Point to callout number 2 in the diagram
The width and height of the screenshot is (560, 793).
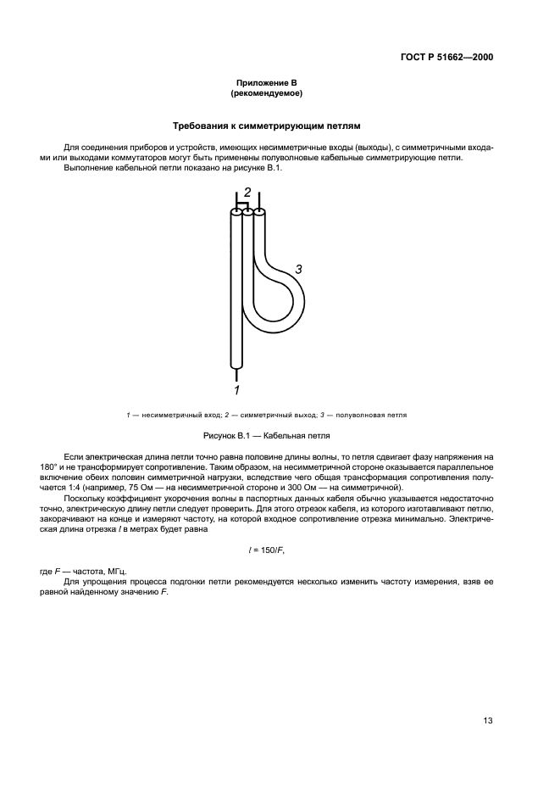click(247, 192)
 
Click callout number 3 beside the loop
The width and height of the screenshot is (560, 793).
click(298, 270)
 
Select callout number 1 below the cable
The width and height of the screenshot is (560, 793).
click(237, 390)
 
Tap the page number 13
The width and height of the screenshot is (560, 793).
click(488, 721)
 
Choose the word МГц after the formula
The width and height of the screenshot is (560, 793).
click(113, 572)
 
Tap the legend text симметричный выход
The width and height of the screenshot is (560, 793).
click(274, 416)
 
